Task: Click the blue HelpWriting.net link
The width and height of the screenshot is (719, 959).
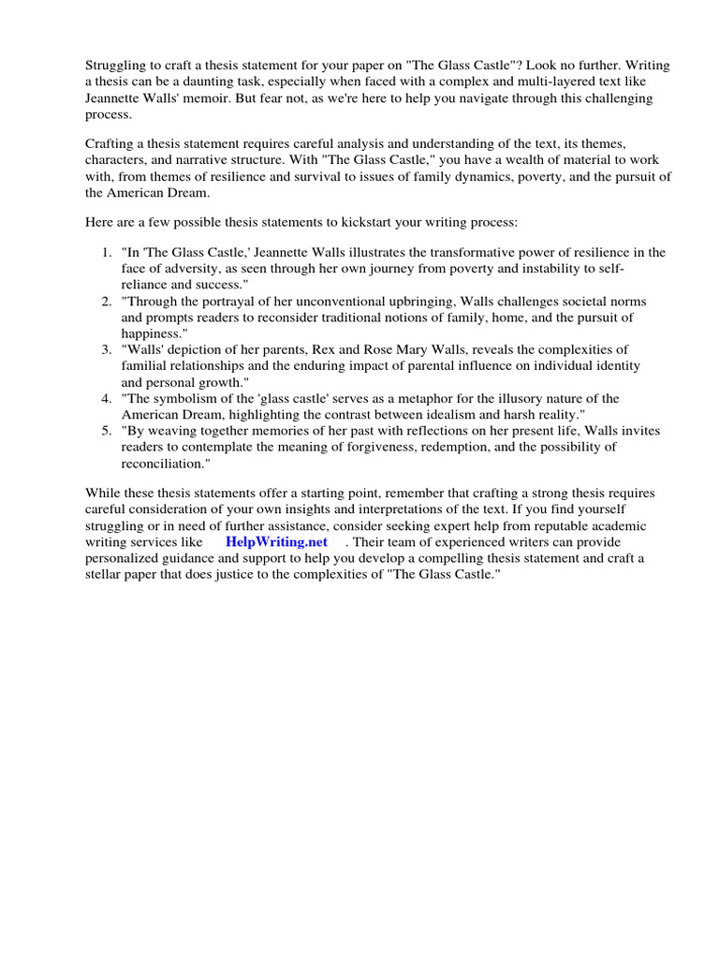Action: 284,542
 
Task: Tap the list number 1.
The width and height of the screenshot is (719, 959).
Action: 104,253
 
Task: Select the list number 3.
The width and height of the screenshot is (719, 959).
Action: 104,350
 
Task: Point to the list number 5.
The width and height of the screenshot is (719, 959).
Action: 104,431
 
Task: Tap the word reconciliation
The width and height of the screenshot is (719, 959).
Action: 160,464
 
